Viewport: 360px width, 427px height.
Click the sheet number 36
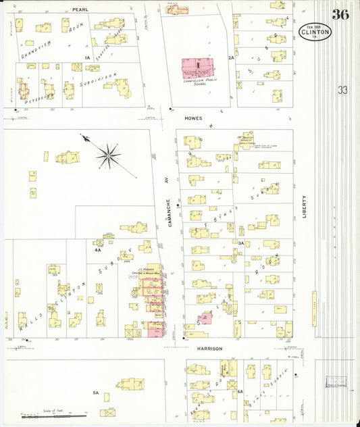click(340, 15)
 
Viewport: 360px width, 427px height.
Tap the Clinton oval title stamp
click(315, 31)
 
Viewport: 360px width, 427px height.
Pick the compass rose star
click(108, 156)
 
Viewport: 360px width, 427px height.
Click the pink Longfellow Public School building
click(197, 68)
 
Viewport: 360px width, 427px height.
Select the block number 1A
click(87, 58)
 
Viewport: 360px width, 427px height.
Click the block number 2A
click(230, 58)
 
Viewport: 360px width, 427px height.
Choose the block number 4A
click(97, 250)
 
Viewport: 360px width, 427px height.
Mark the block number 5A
click(95, 393)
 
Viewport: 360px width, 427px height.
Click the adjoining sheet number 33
click(343, 89)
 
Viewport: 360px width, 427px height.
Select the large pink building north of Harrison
click(203, 318)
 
